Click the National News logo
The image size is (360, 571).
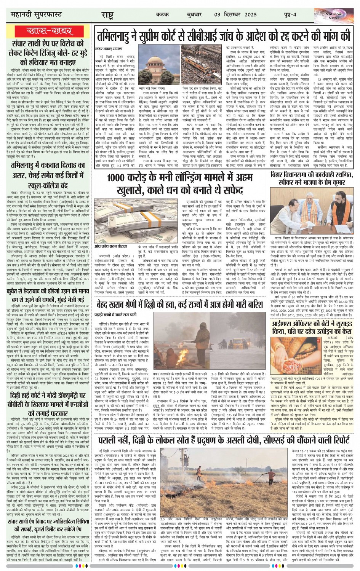click(x=334, y=15)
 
